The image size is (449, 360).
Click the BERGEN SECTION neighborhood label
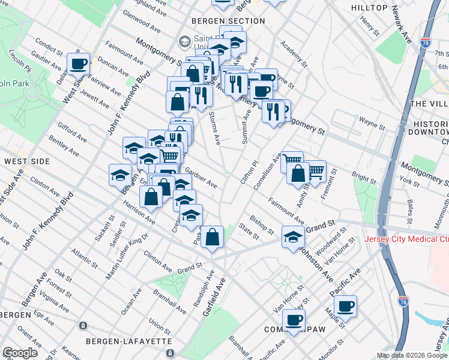click(228, 21)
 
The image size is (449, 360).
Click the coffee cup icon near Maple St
click(345, 307)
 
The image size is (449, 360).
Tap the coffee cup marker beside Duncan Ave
click(79, 63)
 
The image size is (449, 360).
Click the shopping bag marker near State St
click(212, 237)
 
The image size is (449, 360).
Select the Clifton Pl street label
click(249, 173)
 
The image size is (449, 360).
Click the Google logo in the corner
click(20, 353)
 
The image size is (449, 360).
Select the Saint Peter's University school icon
click(184, 41)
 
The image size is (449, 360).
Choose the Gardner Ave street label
click(201, 178)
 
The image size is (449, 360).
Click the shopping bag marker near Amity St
click(298, 173)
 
